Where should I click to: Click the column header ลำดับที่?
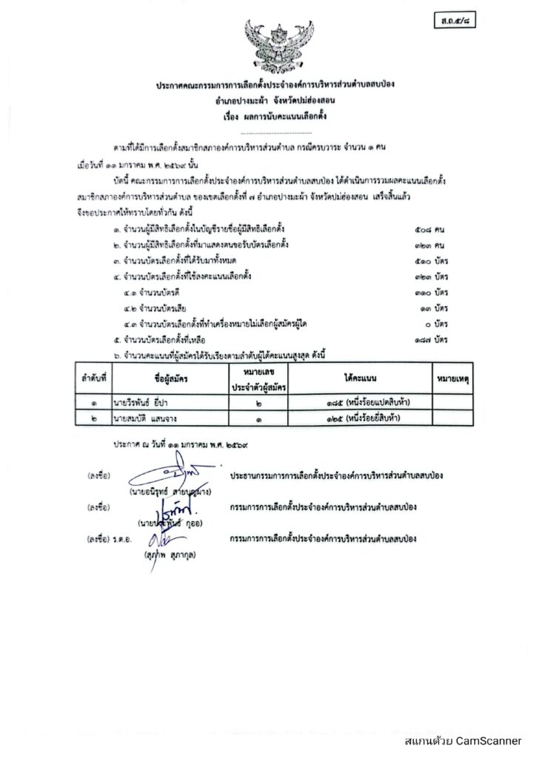[x=94, y=378]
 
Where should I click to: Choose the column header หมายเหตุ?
[x=455, y=378]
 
